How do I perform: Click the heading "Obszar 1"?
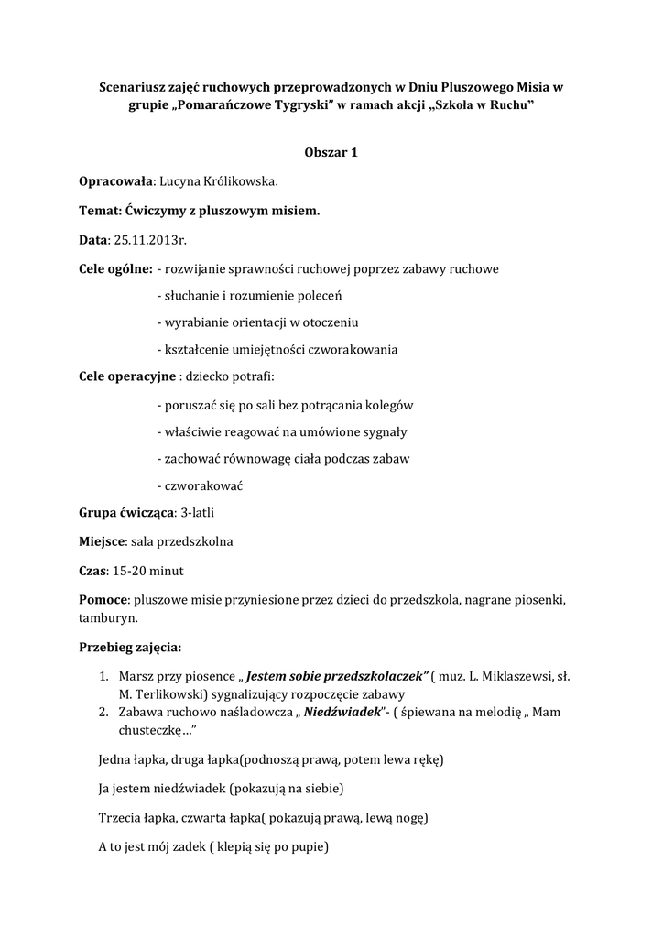tap(331, 152)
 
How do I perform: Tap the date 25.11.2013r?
tap(148, 240)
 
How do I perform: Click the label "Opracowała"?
tap(115, 181)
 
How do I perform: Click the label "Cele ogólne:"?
tap(115, 269)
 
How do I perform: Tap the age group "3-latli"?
tap(199, 512)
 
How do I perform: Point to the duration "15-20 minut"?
tap(147, 571)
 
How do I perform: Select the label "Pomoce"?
tap(104, 600)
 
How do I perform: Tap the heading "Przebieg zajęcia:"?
tap(130, 648)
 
